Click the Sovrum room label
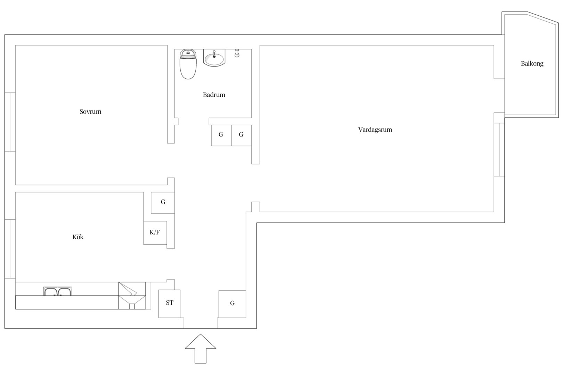(x=90, y=111)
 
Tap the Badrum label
(x=214, y=95)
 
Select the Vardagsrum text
(x=375, y=130)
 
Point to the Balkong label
(x=532, y=64)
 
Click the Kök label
(x=78, y=237)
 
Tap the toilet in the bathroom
(x=188, y=64)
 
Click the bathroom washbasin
(x=214, y=58)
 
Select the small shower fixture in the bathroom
(x=237, y=53)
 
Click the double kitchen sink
(x=58, y=291)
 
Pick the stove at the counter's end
(x=132, y=296)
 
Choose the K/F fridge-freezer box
(x=155, y=233)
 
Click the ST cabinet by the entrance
(x=169, y=304)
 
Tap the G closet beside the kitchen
(x=163, y=203)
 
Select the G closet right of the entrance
(x=232, y=304)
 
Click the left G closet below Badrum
(x=221, y=135)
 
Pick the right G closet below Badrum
(x=242, y=135)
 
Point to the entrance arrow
(x=200, y=348)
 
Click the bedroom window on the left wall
(x=10, y=122)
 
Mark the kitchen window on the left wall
(x=10, y=249)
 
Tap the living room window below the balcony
(x=499, y=150)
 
